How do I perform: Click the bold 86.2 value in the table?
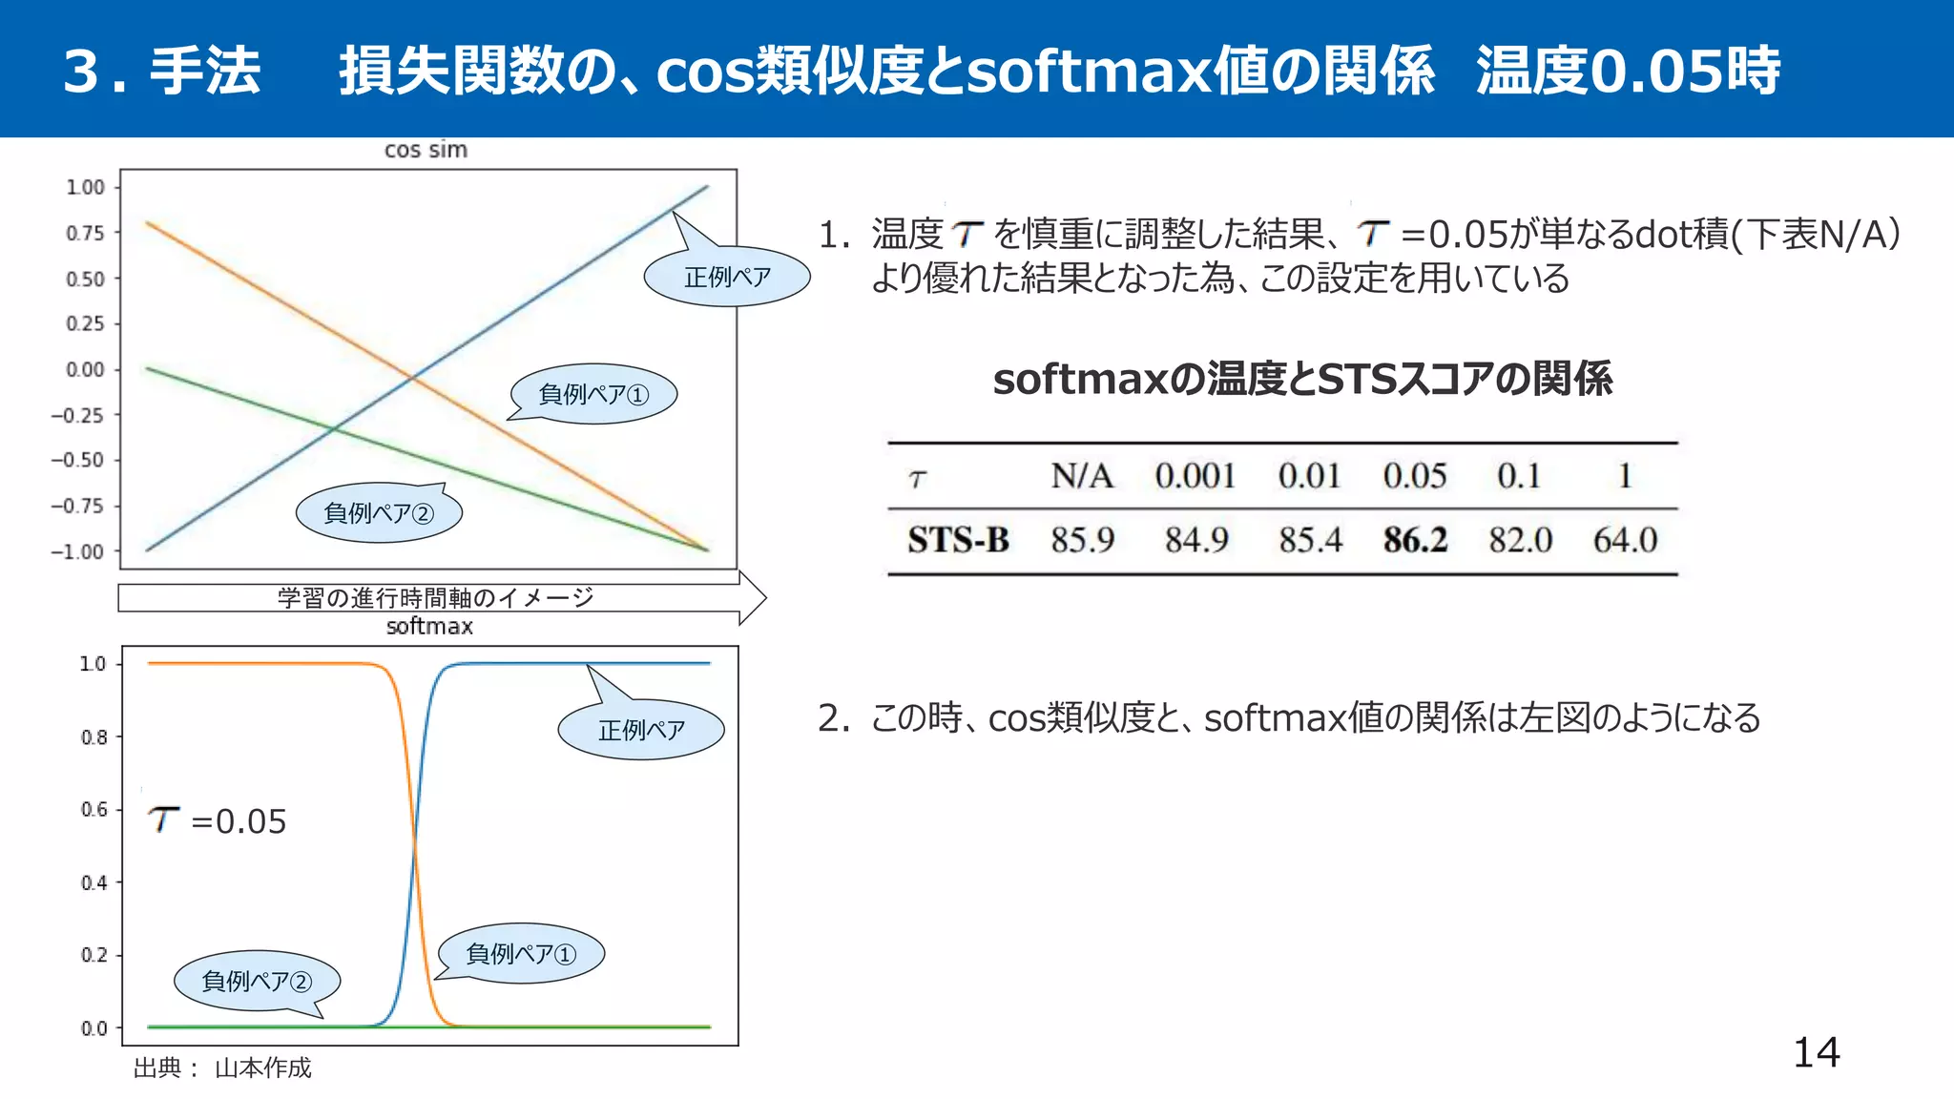click(1415, 540)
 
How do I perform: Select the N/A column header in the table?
click(1082, 475)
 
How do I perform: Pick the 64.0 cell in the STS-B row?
click(1625, 540)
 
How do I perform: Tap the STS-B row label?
click(958, 540)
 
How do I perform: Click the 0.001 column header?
click(1195, 475)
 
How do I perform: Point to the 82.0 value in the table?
click(1520, 540)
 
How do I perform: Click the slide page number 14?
click(1816, 1052)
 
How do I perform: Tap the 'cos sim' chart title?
click(426, 150)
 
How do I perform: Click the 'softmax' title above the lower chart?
click(429, 626)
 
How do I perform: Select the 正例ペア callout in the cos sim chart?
click(727, 277)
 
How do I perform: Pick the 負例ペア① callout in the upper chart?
click(593, 394)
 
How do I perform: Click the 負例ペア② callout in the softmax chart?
click(257, 981)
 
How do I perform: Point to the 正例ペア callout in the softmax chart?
click(641, 730)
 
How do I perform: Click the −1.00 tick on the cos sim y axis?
click(78, 551)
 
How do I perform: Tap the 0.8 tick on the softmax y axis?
click(94, 736)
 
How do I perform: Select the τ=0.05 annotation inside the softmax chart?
click(218, 820)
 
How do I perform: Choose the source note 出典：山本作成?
click(222, 1068)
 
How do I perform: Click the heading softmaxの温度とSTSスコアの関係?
click(1302, 379)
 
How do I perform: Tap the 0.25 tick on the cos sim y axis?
click(85, 323)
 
